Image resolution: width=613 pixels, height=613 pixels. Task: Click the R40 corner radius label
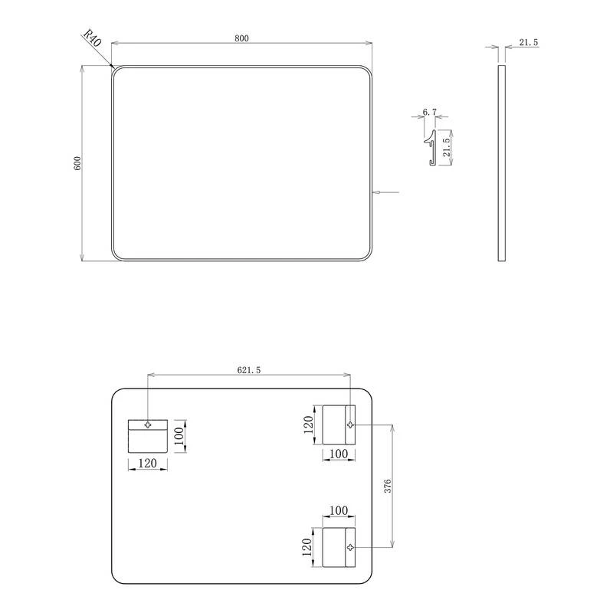tap(93, 38)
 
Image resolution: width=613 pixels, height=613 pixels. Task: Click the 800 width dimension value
tap(241, 38)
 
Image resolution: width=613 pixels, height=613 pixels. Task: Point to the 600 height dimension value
tap(77, 163)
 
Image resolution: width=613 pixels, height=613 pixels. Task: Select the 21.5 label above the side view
tap(529, 42)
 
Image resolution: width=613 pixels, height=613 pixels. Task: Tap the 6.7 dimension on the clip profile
tap(429, 112)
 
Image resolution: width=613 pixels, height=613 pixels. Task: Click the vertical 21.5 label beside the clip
tap(446, 147)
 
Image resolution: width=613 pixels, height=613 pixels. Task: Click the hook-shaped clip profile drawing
tap(431, 147)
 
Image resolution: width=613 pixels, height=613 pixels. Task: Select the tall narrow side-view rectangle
tap(502, 163)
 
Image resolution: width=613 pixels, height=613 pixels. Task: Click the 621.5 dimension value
tap(248, 370)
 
